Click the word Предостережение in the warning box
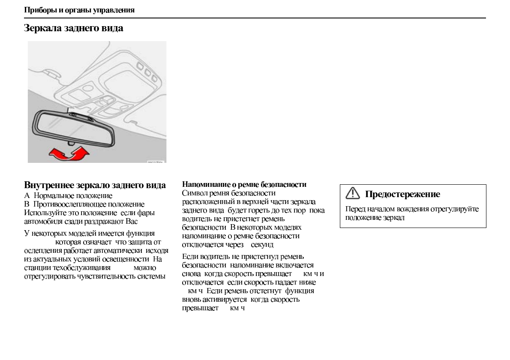coord(402,194)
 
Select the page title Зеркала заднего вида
coord(74,28)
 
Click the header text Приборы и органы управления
coord(79,10)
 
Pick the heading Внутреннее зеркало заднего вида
coord(95,185)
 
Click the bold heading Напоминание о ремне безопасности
coord(244,184)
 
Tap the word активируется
coord(224,300)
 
